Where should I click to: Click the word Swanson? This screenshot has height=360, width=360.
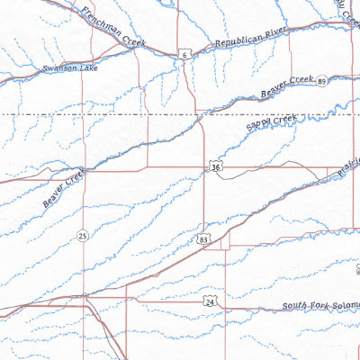(56, 67)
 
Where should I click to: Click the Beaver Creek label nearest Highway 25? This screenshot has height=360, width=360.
(61, 190)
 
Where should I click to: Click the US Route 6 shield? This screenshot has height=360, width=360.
(184, 55)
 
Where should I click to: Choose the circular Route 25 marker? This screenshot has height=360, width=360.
(82, 236)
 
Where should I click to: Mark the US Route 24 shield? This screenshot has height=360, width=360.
(209, 304)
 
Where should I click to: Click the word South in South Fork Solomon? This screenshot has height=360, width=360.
(294, 307)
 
